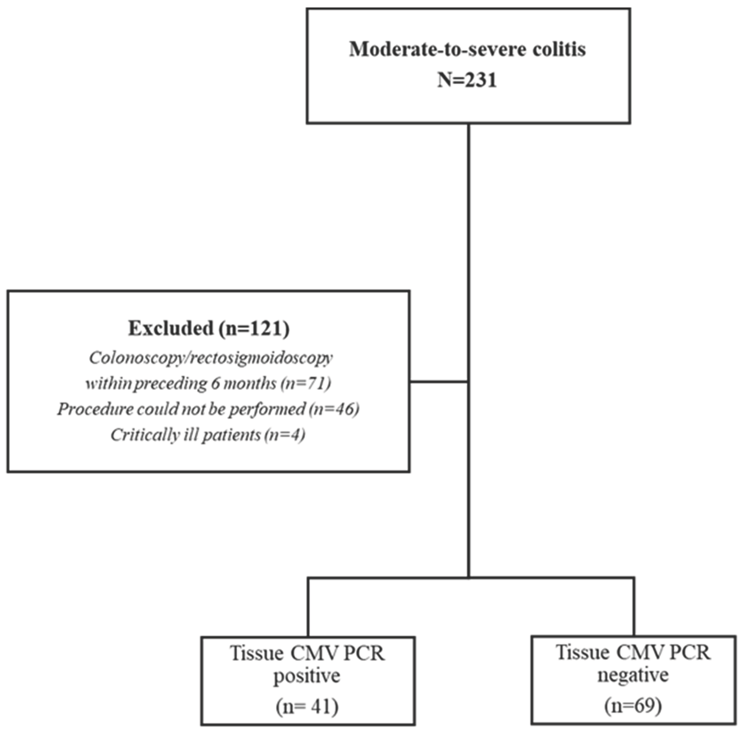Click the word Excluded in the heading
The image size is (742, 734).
(171, 329)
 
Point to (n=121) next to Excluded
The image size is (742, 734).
(254, 329)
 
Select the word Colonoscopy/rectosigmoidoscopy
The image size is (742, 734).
(211, 358)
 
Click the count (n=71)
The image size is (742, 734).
(306, 384)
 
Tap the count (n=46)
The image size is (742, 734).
(334, 409)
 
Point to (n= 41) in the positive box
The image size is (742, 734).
(307, 707)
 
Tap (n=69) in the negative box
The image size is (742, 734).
(633, 705)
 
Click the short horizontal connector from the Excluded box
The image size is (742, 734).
(439, 382)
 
